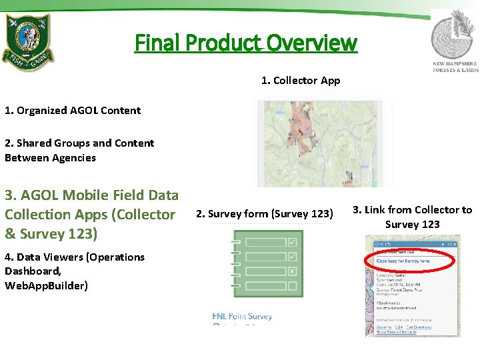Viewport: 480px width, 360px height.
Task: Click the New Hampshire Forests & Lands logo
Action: point(455,40)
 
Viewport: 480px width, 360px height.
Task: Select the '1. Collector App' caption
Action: point(300,81)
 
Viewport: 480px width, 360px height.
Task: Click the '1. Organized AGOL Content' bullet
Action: point(73,111)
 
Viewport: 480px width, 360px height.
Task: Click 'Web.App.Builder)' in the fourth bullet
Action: point(46,285)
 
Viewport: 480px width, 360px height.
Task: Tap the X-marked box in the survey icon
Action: point(292,271)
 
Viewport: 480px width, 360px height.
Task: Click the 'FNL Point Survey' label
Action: point(242,316)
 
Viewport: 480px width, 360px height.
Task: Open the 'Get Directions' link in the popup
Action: point(419,327)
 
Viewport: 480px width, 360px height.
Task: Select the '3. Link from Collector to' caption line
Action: point(412,210)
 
